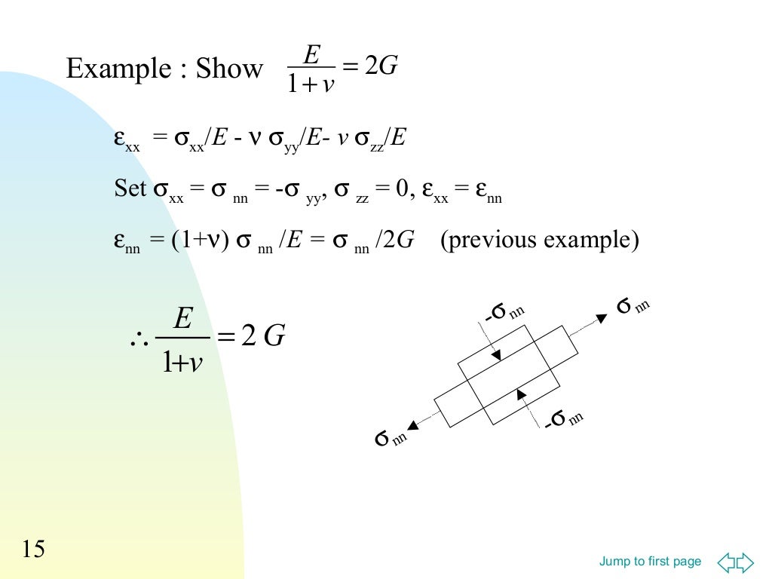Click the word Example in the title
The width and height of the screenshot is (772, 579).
click(118, 69)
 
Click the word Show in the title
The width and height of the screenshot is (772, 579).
click(229, 68)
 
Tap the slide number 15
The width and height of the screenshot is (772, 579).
click(33, 549)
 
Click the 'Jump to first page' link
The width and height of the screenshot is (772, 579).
click(650, 561)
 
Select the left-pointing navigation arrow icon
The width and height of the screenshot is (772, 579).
click(726, 562)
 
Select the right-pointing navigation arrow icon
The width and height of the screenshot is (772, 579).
click(745, 562)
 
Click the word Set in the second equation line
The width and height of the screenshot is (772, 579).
click(130, 188)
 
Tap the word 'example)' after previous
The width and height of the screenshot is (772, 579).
click(591, 240)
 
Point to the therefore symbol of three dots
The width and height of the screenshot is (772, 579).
click(139, 339)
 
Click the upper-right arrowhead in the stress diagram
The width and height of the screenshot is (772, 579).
click(602, 318)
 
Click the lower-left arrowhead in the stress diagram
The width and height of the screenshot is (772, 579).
click(413, 425)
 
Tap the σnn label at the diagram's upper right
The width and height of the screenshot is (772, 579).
click(633, 305)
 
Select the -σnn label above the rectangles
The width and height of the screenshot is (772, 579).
click(504, 311)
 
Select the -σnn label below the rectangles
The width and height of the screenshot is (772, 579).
click(564, 418)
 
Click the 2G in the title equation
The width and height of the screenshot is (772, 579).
click(381, 65)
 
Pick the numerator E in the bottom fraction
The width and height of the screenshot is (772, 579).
click(182, 318)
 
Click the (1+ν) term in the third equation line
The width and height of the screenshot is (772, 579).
click(200, 240)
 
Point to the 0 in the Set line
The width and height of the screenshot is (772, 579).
click(402, 188)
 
